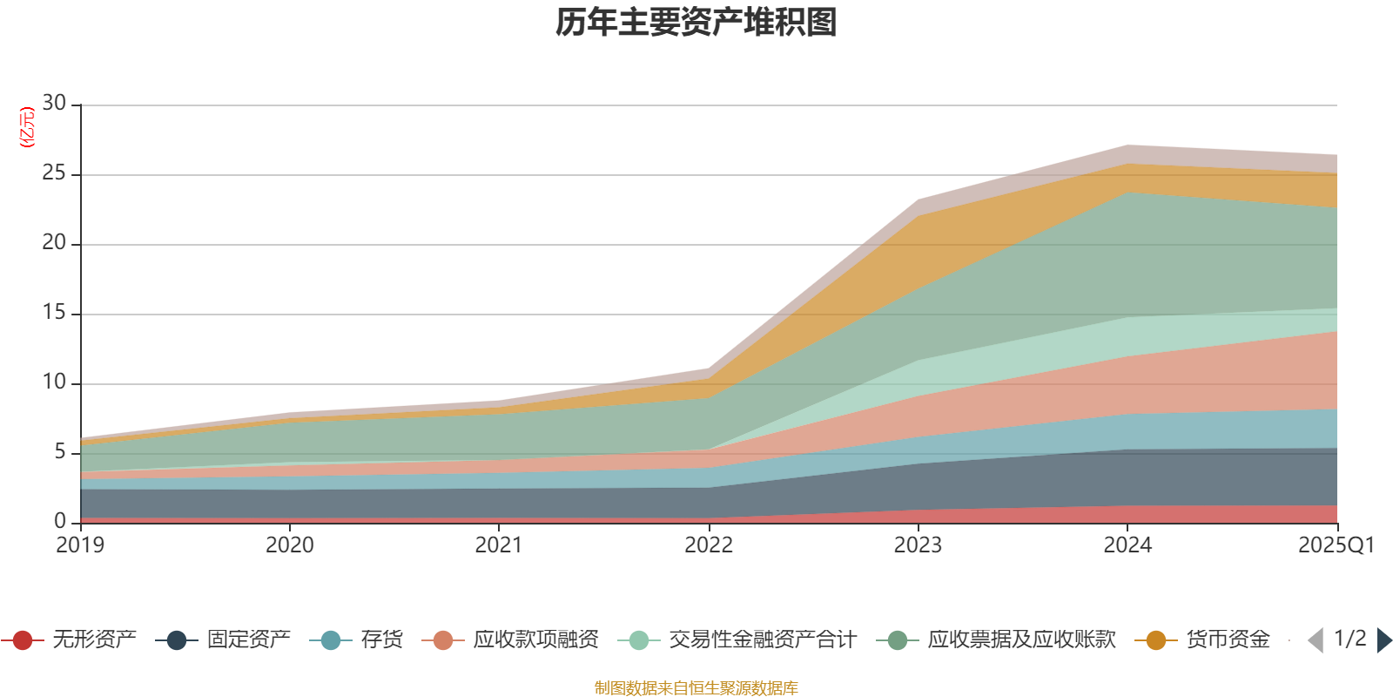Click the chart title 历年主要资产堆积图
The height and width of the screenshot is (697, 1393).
696,24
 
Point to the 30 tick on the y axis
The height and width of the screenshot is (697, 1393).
54,104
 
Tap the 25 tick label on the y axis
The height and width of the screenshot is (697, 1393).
54,173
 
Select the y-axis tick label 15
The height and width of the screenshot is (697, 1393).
54,313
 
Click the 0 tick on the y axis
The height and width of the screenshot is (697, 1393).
60,521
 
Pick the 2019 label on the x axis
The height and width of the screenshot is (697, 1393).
80,545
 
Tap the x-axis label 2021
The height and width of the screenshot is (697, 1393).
499,545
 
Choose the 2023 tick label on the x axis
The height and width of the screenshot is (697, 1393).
918,545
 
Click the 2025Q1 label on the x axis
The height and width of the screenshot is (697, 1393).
1336,545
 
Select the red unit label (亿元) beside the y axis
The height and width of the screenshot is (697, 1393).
27,127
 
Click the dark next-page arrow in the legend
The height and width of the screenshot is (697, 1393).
1384,640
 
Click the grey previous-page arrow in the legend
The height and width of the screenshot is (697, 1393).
1316,640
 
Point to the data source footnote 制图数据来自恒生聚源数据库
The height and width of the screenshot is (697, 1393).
696,688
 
